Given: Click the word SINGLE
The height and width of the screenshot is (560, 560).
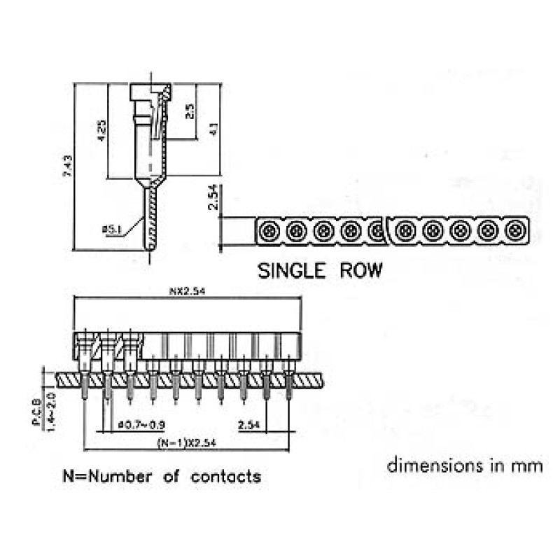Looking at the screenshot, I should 295,270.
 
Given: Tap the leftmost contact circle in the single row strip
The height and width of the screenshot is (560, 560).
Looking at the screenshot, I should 269,230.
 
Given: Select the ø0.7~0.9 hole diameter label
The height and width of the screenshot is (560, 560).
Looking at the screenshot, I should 143,425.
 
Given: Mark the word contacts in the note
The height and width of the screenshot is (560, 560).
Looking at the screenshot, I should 226,477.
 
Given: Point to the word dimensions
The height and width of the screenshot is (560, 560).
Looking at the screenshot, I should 428,465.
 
